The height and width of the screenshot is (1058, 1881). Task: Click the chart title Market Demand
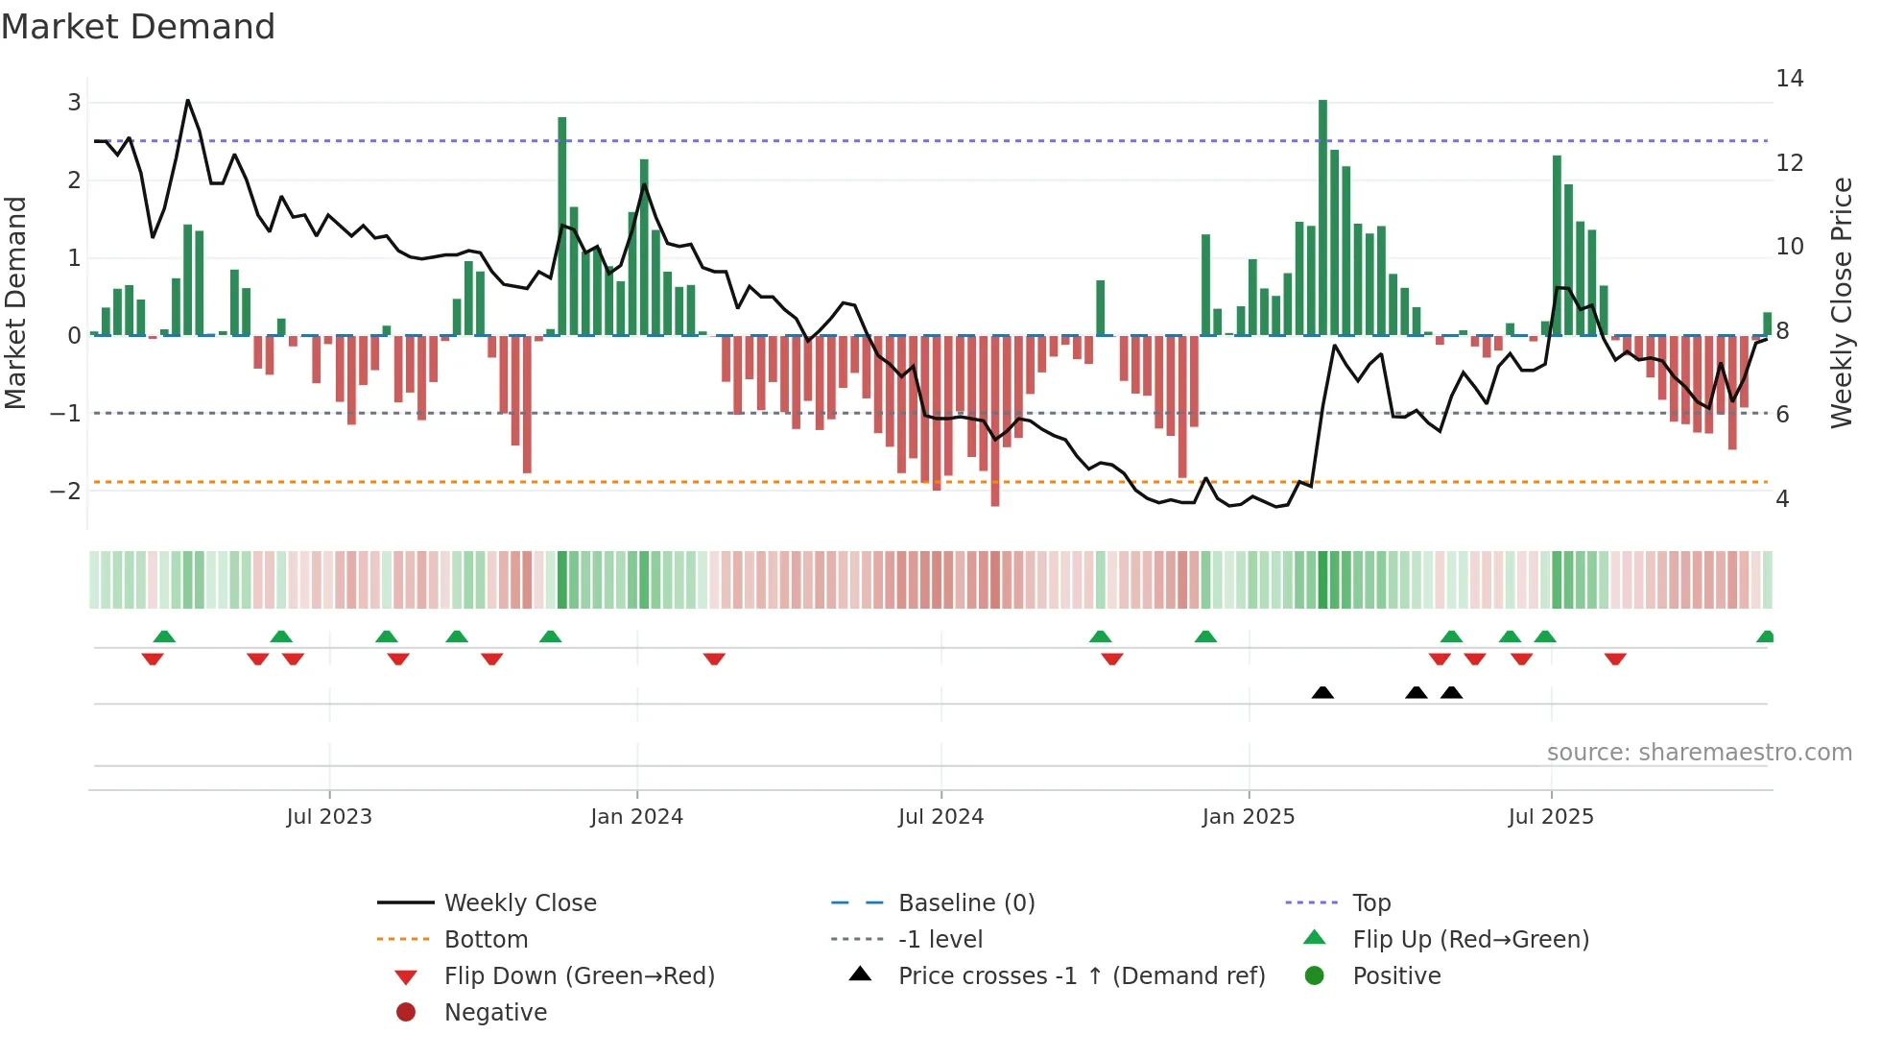138,27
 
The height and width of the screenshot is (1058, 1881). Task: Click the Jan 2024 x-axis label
636,817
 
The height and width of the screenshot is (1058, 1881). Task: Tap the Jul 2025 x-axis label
1550,817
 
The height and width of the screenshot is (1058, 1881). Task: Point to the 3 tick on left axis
74,103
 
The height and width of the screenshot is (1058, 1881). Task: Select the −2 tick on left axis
66,492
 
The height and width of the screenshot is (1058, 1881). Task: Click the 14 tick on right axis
1789,79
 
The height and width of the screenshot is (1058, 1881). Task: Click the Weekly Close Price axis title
1841,302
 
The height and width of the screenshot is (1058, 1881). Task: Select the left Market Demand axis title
16,302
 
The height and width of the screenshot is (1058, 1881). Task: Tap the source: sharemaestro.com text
1699,753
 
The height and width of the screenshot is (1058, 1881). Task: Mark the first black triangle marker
1322,693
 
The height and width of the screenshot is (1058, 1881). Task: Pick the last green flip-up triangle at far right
1765,637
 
